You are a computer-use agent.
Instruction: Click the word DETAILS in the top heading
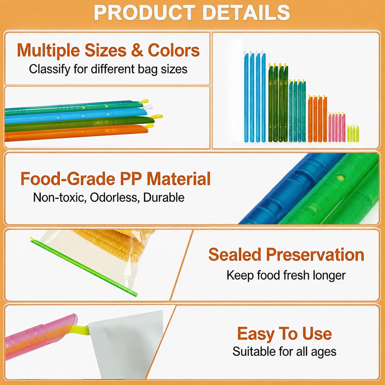tap(246, 12)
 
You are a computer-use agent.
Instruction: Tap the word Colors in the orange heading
tap(174, 50)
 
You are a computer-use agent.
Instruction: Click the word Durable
tap(164, 197)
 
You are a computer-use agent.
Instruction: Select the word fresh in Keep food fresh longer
tap(296, 275)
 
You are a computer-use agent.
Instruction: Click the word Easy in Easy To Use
tap(256, 334)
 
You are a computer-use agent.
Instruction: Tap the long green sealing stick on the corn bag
tap(83, 267)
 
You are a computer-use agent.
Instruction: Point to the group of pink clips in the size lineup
tap(337, 127)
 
